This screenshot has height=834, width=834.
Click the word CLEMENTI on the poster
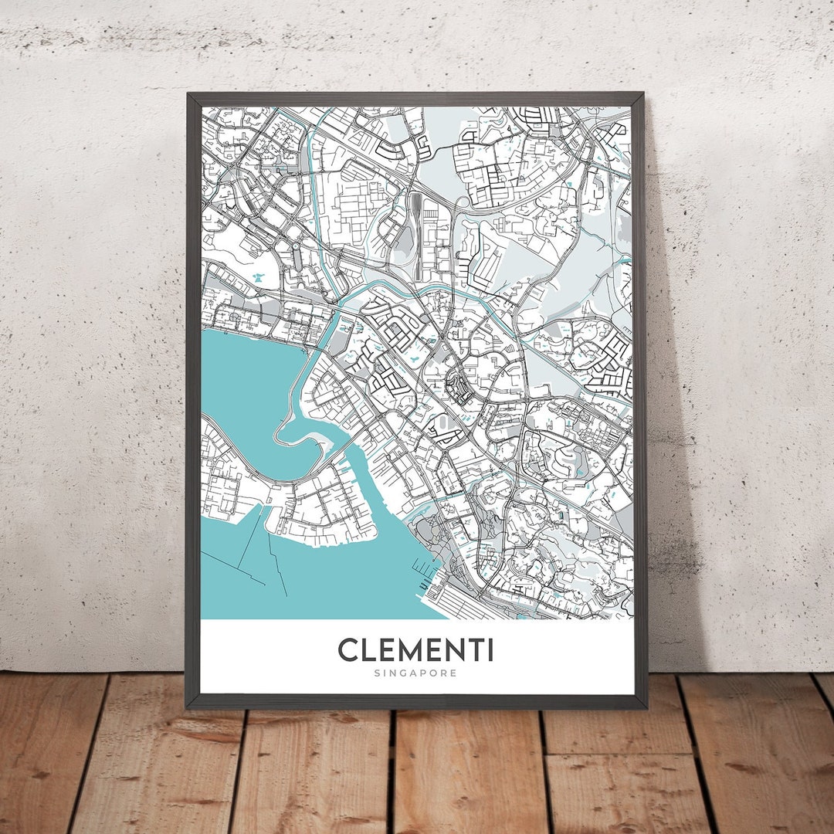click(415, 649)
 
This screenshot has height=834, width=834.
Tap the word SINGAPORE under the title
click(415, 673)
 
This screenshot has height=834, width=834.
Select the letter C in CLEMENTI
click(348, 649)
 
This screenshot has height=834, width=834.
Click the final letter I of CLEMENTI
click(490, 649)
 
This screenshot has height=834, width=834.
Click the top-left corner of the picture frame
click(188, 95)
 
